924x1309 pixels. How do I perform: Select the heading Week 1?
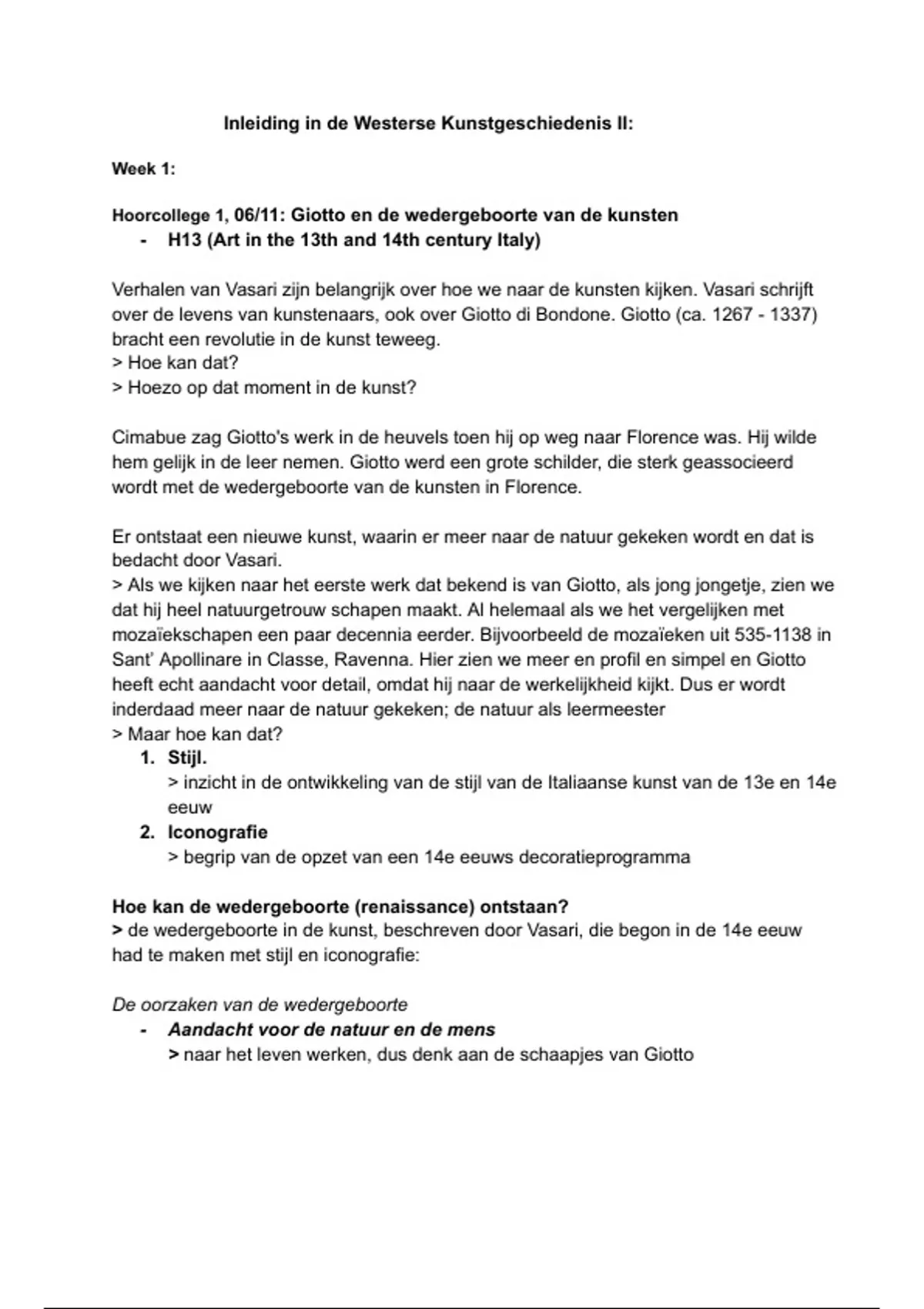click(x=144, y=169)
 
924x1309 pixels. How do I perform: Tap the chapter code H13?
click(x=185, y=240)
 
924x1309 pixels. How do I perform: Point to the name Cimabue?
click(x=145, y=437)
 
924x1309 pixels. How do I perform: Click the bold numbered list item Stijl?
click(x=187, y=758)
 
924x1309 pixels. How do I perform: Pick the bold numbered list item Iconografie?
click(x=218, y=832)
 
